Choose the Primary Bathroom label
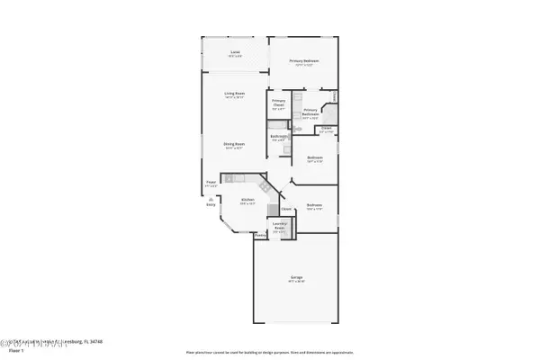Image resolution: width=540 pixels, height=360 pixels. (x=310, y=112)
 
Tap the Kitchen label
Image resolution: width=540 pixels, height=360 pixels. (x=247, y=201)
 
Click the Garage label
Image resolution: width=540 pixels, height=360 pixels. (x=296, y=279)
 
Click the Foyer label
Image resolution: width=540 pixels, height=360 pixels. (x=211, y=183)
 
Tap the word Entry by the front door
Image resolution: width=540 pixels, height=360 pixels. (x=211, y=204)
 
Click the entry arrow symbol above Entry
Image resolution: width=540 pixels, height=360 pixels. (x=211, y=197)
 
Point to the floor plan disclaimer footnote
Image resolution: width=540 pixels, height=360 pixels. (x=269, y=351)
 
